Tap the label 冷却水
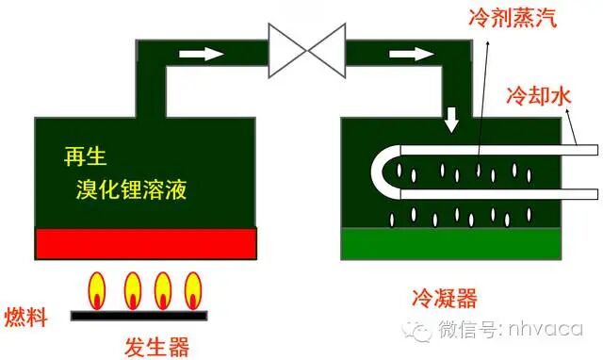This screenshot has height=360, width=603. point(541,96)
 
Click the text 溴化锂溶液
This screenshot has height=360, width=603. point(132,191)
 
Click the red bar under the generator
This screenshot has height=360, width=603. point(147,244)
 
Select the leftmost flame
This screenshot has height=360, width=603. point(97,289)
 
